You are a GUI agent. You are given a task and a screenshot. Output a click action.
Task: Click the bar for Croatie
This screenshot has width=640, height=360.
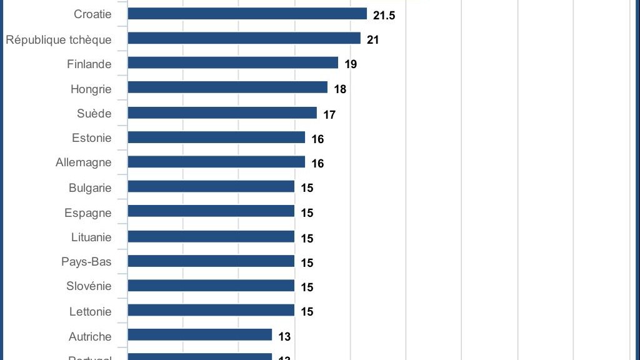pos(247,14)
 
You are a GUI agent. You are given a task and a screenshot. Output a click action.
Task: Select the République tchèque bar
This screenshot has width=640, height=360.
pos(244,38)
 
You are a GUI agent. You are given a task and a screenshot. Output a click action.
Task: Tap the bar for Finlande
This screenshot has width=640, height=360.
pos(232,63)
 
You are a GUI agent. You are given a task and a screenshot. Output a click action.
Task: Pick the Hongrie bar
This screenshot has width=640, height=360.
pos(227,87)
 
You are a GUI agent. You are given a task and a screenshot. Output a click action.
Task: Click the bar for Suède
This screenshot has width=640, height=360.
pos(222,112)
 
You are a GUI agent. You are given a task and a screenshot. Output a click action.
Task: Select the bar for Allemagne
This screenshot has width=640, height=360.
pos(216,162)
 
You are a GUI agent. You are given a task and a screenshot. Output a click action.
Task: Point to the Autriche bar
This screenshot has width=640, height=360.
pos(200,335)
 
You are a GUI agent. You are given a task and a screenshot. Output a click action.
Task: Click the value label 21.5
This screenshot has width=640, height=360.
pos(384,15)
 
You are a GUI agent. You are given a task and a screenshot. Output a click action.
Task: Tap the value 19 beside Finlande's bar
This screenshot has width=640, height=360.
pos(351,64)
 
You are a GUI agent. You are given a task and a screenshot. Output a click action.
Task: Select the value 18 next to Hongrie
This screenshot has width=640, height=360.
pos(340,89)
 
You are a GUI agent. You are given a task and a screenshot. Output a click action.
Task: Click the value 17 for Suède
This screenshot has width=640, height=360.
pos(329,114)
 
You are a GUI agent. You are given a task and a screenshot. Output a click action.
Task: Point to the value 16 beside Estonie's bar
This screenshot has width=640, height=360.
pos(317,139)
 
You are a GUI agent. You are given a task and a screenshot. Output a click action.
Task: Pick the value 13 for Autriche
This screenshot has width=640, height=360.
pos(284,337)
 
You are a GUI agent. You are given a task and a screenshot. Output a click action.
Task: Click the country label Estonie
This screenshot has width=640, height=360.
pos(92,137)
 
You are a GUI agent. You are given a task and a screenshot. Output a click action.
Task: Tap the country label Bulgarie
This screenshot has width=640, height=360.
pos(90,187)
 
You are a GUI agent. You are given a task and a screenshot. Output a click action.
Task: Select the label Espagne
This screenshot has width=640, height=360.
pos(88,212)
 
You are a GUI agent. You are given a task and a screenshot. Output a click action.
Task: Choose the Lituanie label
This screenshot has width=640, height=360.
pos(91,237)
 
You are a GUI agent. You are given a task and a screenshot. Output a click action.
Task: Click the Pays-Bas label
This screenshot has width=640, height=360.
pos(86,261)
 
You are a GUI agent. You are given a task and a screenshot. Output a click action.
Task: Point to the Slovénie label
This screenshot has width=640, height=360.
pos(89,286)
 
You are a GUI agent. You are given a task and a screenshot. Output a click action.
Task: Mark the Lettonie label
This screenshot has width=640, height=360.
pos(91,311)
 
